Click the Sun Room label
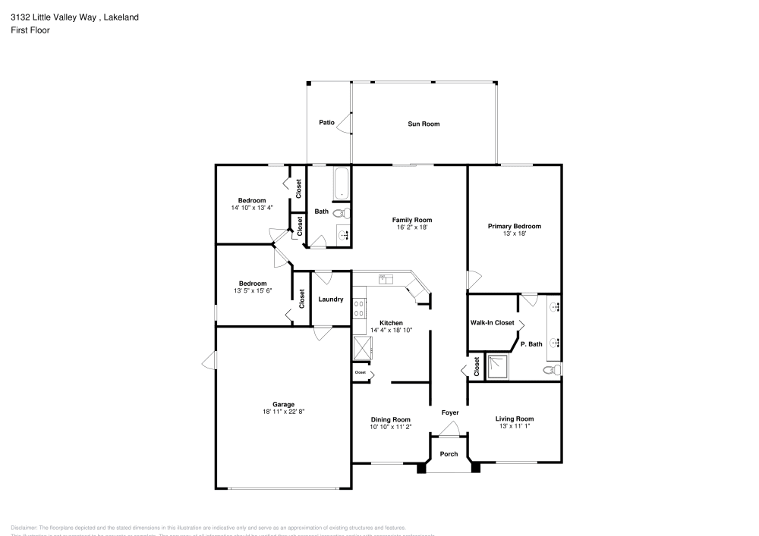pyautogui.click(x=424, y=124)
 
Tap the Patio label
pyautogui.click(x=326, y=122)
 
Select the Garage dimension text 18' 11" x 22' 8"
pyautogui.click(x=283, y=412)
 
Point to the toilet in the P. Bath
pyautogui.click(x=553, y=371)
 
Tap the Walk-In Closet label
pyautogui.click(x=493, y=323)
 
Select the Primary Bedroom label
pyautogui.click(x=515, y=226)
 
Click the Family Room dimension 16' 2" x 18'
pyautogui.click(x=413, y=227)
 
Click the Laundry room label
pyautogui.click(x=331, y=299)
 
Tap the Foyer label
pyautogui.click(x=450, y=412)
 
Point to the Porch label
pyautogui.click(x=449, y=454)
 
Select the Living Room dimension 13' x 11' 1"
pyautogui.click(x=515, y=426)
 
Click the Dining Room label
pyautogui.click(x=391, y=419)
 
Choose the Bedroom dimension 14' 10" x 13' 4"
pyautogui.click(x=253, y=208)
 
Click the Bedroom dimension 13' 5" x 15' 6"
pyautogui.click(x=253, y=290)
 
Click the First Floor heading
pyautogui.click(x=30, y=30)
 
